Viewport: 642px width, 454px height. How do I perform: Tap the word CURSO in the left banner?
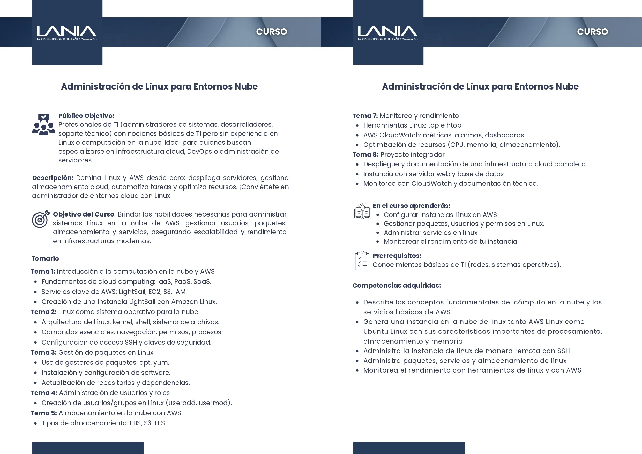tap(272, 32)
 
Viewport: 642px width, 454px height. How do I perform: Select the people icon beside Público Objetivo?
tap(44, 124)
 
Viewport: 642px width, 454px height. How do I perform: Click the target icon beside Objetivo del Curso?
tap(40, 219)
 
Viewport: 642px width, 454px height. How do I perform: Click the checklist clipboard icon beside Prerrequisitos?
tap(362, 261)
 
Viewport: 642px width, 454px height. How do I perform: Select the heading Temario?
tap(45, 258)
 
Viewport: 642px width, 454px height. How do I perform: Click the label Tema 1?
tap(43, 271)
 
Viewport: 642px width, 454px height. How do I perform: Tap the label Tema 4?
tap(44, 393)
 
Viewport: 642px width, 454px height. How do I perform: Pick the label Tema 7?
tap(365, 116)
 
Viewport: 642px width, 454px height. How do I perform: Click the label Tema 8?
tap(365, 154)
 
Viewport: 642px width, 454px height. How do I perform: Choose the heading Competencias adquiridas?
tap(397, 285)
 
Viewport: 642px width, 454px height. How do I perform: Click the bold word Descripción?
tap(53, 178)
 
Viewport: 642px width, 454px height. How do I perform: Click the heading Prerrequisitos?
tap(397, 256)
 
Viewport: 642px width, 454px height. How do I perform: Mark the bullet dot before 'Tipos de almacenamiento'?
tap(35, 423)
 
